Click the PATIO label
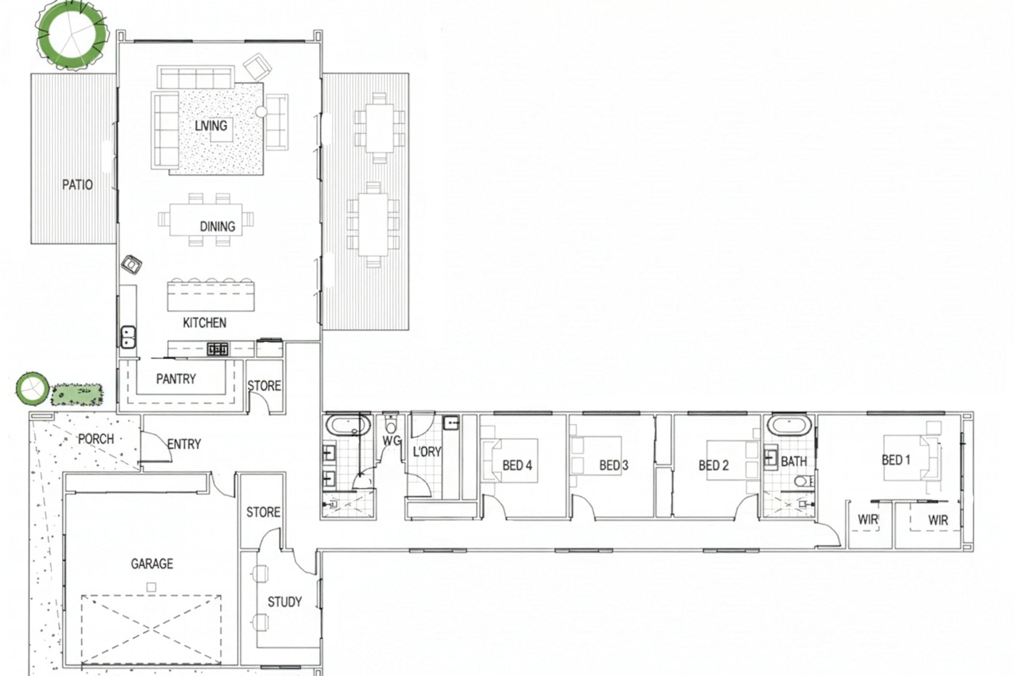pos(78,185)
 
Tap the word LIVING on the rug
pos(211,125)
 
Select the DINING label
pos(217,226)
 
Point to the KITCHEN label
pos(204,323)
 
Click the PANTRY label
pos(175,379)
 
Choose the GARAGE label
pos(152,564)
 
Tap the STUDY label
pos(284,602)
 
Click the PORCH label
pos(96,439)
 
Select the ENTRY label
pos(184,444)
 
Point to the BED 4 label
pos(517,465)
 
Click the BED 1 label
pos(896,460)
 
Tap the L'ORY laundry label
pos(427,451)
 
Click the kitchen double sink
pos(128,337)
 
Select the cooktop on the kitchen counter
pos(217,349)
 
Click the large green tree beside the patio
pos(72,35)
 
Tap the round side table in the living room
pos(262,112)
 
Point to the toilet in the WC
pos(391,425)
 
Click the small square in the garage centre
pos(152,588)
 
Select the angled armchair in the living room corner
pos(257,67)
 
